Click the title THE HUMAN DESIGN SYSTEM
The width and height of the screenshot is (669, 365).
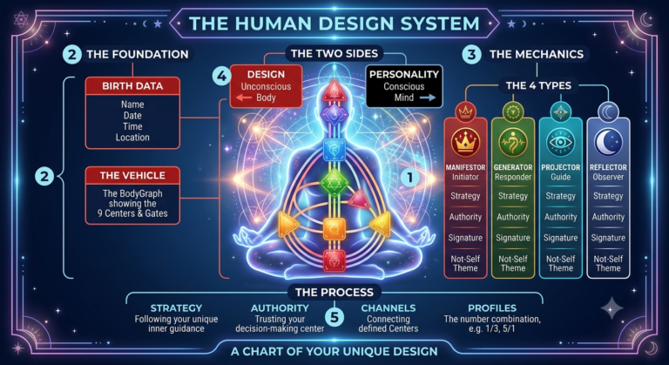point(334,23)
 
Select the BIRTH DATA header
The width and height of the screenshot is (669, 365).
point(132,86)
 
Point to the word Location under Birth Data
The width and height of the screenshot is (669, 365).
point(132,138)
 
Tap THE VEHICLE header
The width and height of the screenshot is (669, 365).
point(132,175)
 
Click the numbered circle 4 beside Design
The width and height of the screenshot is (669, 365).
point(222,76)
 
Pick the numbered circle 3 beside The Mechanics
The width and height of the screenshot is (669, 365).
point(471,54)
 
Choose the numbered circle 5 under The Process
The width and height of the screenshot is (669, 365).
point(334,317)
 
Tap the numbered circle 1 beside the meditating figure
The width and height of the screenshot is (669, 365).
point(410,177)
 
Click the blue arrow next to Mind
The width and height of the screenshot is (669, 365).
point(428,98)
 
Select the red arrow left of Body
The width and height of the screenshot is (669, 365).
point(244,98)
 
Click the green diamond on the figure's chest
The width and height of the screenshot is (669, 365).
point(334,183)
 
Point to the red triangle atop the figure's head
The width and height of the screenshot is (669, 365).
point(334,91)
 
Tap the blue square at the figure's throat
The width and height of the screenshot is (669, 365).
point(334,150)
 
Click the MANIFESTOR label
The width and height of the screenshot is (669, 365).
point(465,167)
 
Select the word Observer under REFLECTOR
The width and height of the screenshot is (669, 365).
point(608,177)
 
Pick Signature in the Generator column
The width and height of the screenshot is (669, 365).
point(513,238)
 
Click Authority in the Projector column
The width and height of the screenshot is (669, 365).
point(561,217)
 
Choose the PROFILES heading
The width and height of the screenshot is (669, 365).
point(492,308)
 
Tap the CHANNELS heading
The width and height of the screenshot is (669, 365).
point(389,308)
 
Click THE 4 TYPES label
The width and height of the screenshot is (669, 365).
point(538,85)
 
